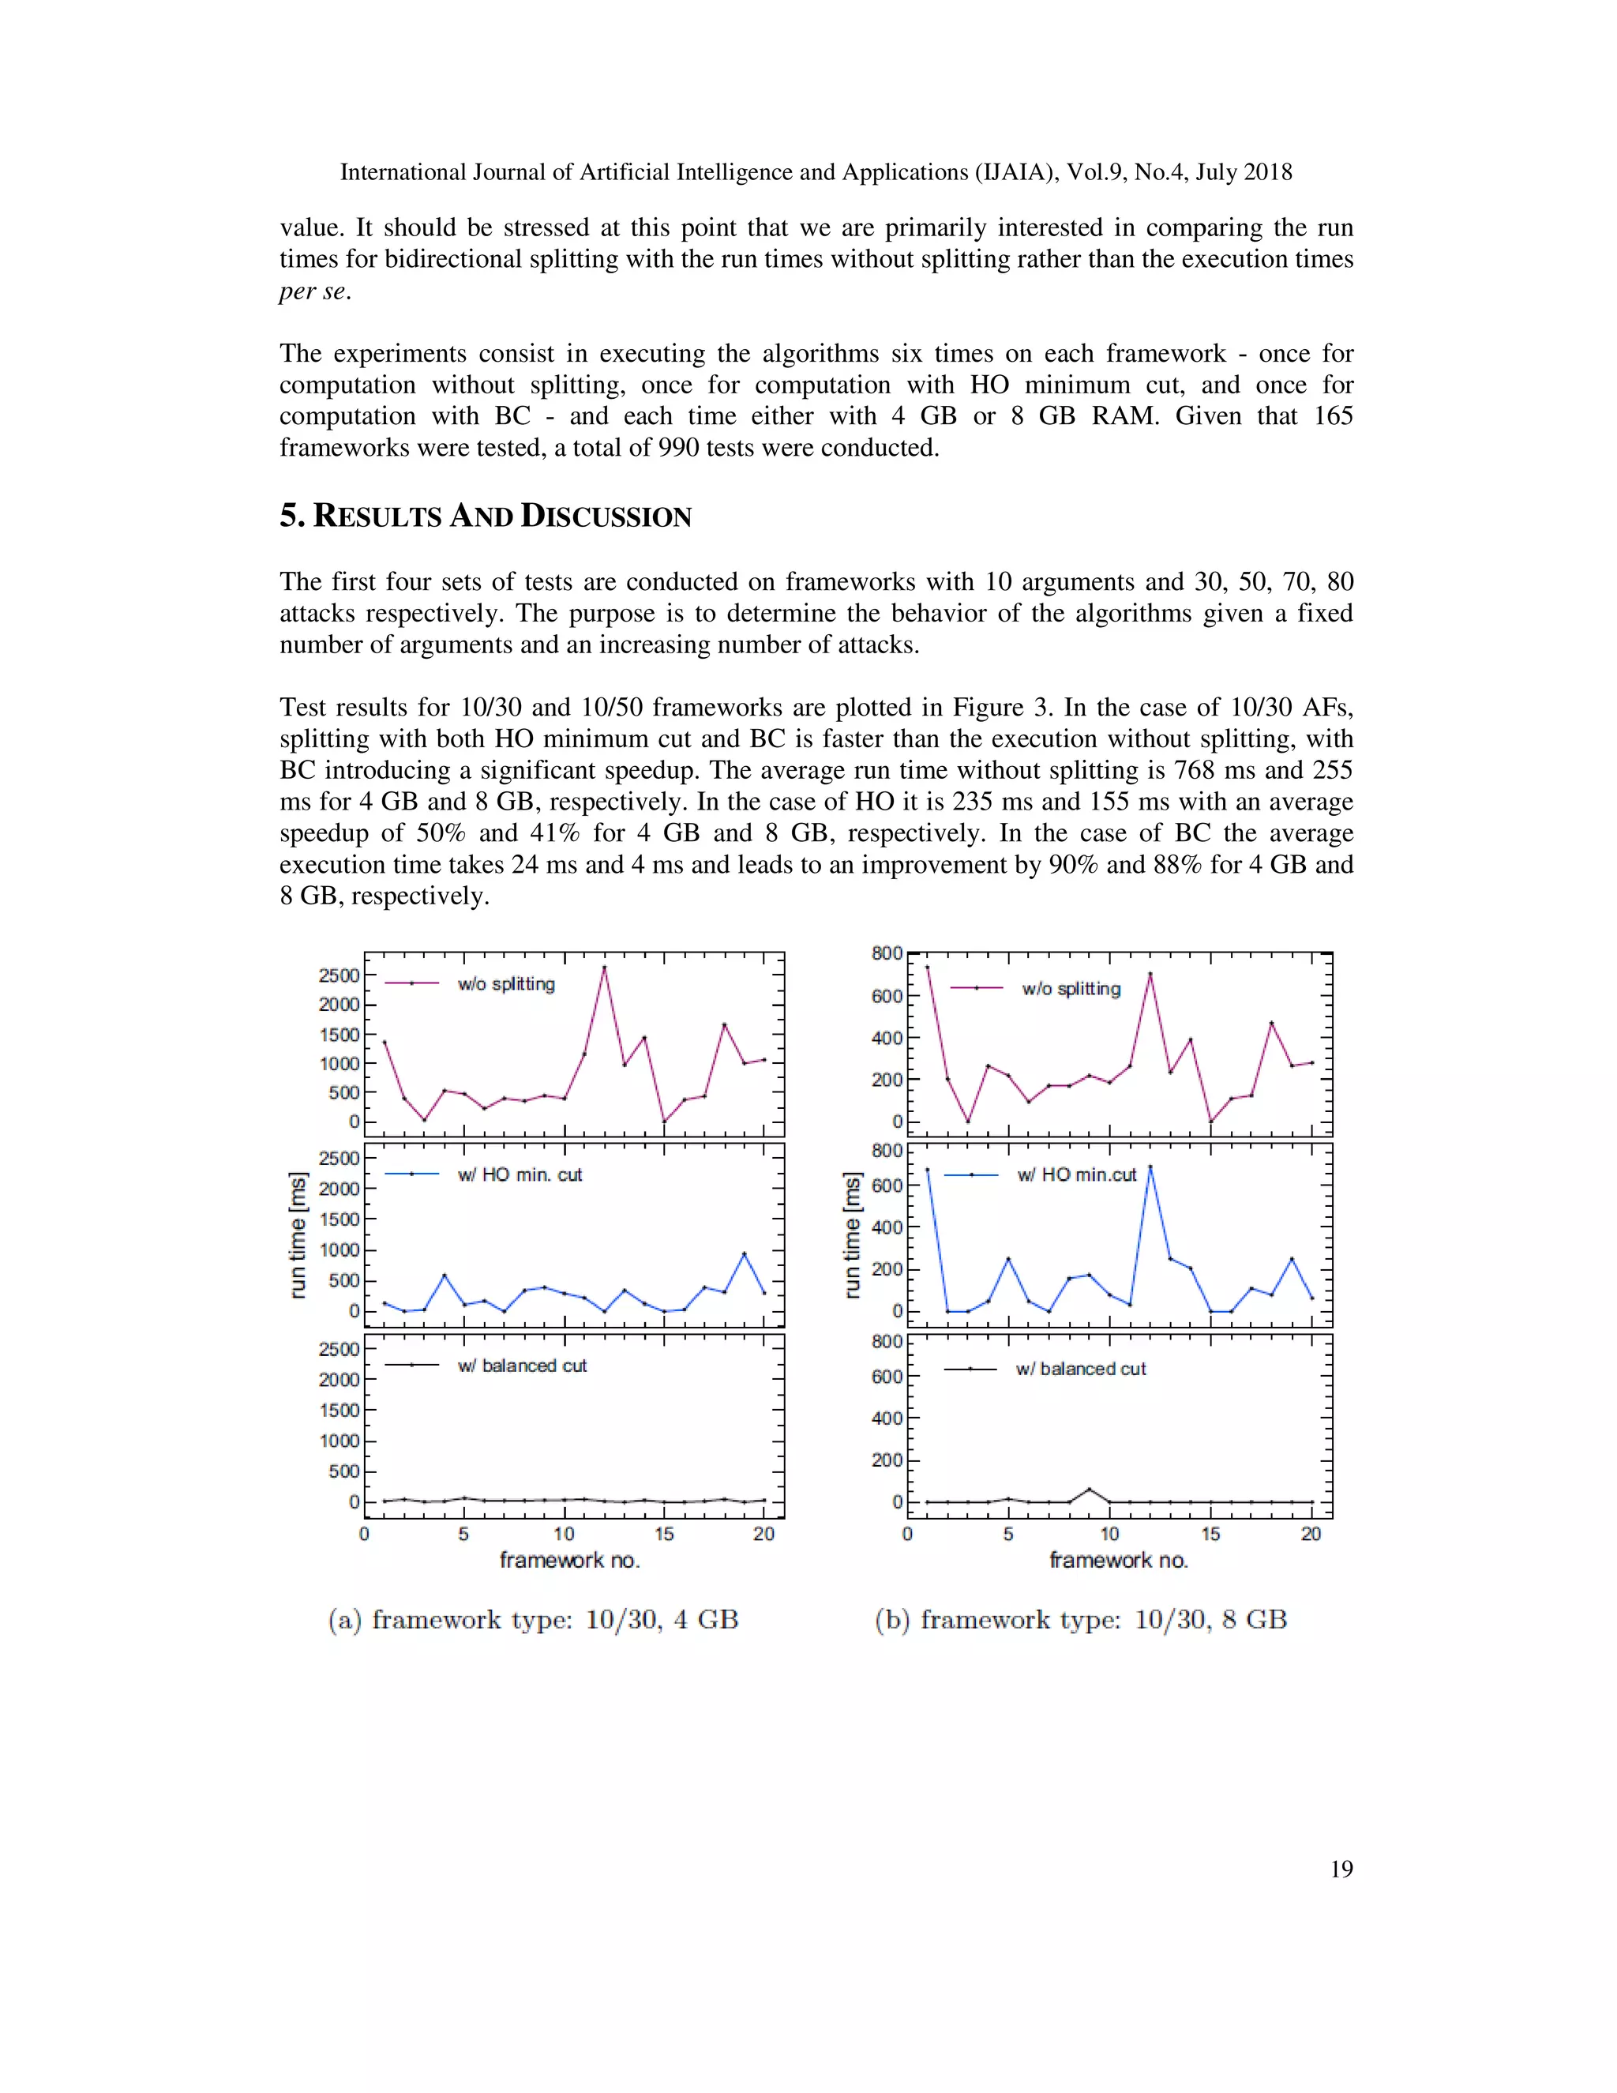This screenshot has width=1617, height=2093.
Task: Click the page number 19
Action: coord(1341,1869)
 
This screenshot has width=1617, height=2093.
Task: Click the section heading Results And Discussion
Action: coord(485,517)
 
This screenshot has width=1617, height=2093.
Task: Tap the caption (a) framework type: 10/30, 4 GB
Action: coord(533,1620)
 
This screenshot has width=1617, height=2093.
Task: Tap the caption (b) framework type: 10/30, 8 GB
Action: coord(1081,1620)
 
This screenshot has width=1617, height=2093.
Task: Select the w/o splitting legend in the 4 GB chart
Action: coord(506,984)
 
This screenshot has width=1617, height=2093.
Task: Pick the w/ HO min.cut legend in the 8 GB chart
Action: coord(1076,1175)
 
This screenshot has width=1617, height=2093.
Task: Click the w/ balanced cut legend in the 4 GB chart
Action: coord(521,1366)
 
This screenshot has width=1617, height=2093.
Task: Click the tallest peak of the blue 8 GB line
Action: coord(1150,1167)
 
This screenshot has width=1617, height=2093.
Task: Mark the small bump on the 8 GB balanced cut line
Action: coord(1089,1490)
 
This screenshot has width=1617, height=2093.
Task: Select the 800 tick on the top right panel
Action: coord(887,953)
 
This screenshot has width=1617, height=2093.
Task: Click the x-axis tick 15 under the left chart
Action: coord(664,1535)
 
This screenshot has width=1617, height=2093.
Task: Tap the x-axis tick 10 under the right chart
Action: coord(1109,1535)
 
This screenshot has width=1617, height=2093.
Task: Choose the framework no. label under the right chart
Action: coord(1118,1560)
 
